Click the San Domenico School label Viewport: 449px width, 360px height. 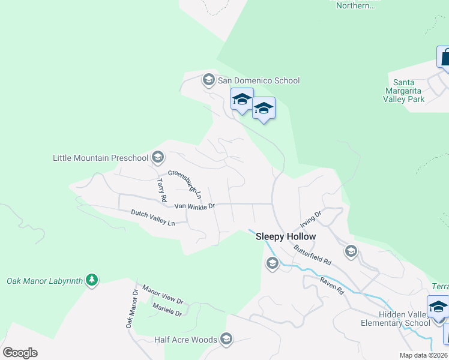tap(258, 80)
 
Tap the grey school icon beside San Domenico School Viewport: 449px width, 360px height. tap(209, 79)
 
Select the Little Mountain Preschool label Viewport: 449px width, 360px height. tap(100, 158)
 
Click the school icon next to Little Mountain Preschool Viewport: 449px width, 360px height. tap(158, 157)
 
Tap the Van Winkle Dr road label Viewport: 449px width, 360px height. tap(194, 206)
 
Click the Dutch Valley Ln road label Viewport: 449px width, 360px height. tap(153, 217)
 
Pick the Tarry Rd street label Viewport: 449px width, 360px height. tap(161, 190)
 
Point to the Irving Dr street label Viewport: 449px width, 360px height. tap(312, 215)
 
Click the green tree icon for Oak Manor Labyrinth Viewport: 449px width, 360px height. tap(91, 280)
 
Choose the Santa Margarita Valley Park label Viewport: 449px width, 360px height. tap(409, 91)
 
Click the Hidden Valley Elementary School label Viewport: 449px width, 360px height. tap(404, 319)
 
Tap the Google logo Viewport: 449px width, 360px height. tap(20, 353)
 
